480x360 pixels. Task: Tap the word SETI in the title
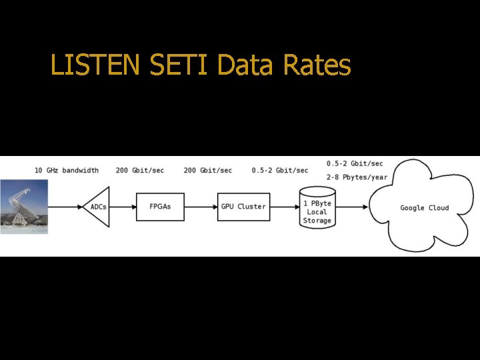tap(172, 65)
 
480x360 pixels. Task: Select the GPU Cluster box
tap(243, 207)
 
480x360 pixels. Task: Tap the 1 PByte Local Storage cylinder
tap(317, 211)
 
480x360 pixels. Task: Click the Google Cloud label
tap(424, 208)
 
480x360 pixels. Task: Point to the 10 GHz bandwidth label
tap(67, 170)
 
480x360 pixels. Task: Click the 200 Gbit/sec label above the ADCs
tap(140, 170)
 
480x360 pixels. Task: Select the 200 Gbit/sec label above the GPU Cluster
tap(208, 170)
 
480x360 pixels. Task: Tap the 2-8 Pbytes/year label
tap(357, 177)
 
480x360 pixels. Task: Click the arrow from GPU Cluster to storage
tap(283, 207)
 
